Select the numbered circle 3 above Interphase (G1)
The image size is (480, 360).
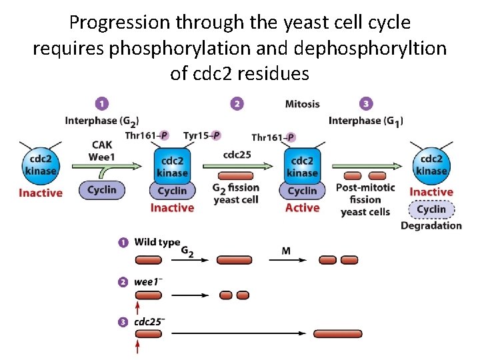point(365,104)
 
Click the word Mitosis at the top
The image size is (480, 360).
point(302,104)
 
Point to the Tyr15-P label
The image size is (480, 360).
point(201,136)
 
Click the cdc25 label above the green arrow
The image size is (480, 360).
point(237,155)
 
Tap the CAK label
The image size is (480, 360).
point(102,145)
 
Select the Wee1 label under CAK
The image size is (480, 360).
point(102,157)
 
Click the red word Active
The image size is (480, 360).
point(302,207)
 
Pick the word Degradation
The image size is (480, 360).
point(431,225)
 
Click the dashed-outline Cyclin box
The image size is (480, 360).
point(431,209)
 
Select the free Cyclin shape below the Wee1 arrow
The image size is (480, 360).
point(102,190)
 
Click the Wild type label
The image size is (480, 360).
point(157,242)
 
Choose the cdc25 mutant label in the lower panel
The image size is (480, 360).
point(149,321)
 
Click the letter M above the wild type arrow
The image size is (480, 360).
point(286,251)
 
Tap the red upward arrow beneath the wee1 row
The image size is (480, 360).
point(138,307)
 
